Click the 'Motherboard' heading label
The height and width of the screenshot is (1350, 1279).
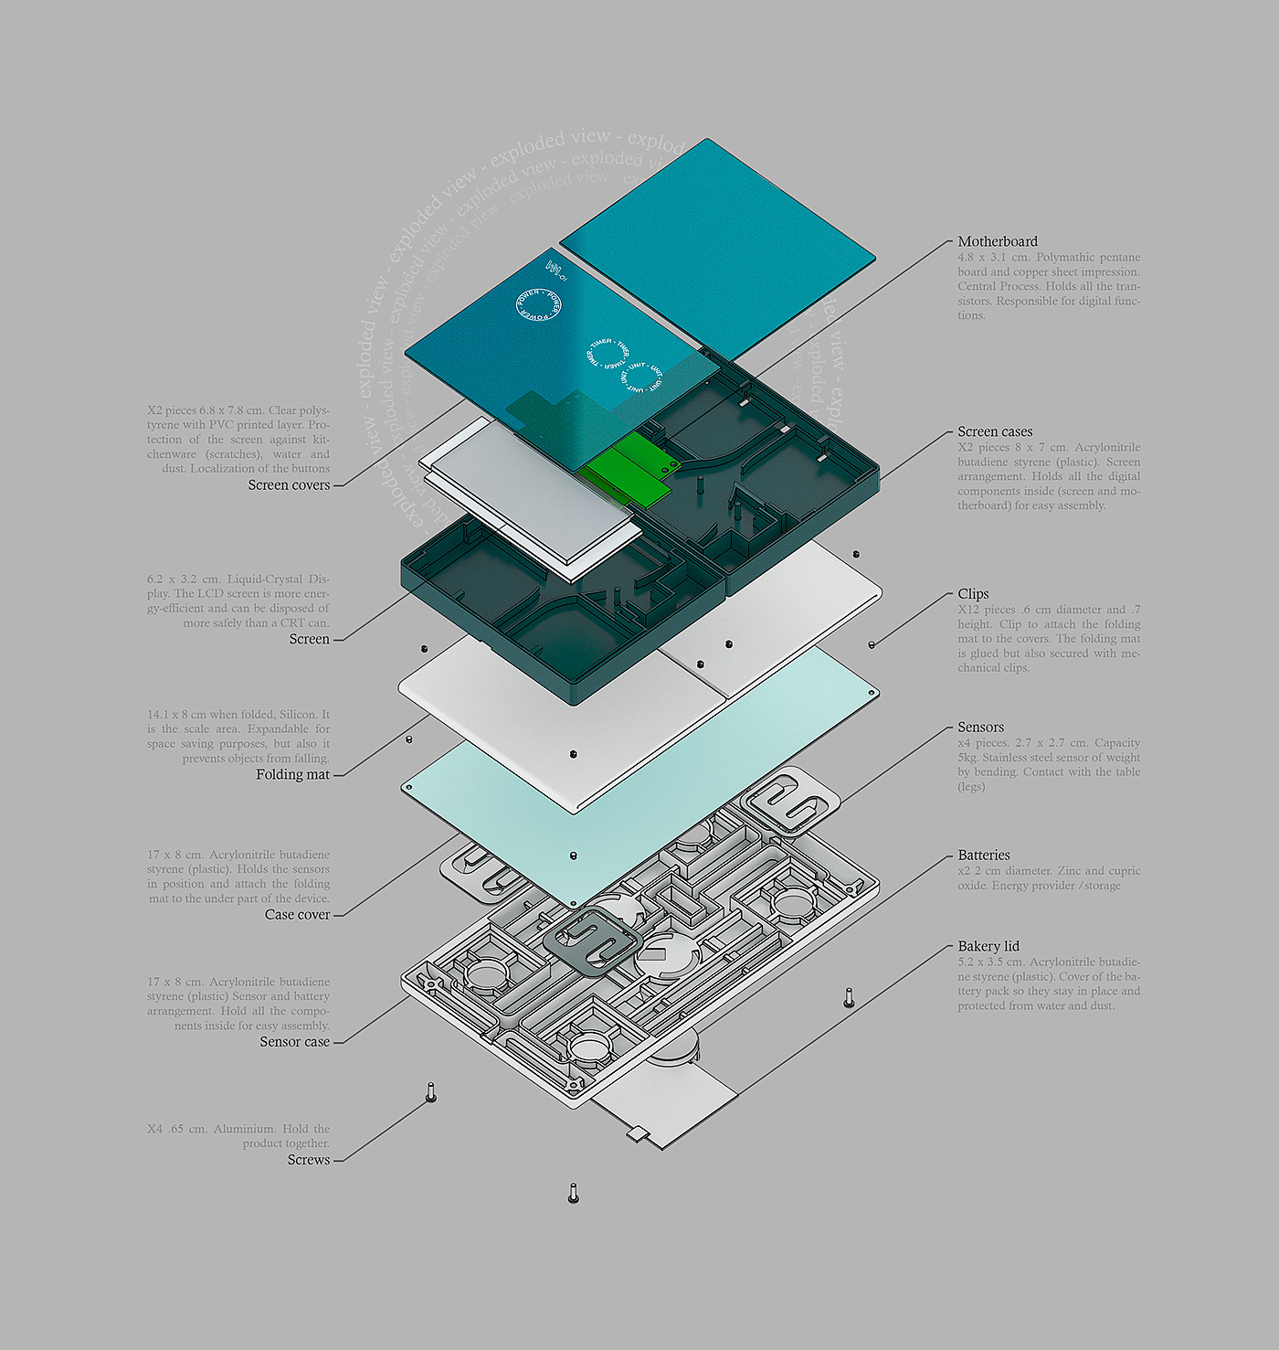click(997, 241)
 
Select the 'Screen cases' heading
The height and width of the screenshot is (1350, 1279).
click(994, 431)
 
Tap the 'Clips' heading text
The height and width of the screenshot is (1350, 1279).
click(973, 593)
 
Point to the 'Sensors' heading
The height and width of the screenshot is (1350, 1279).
click(980, 727)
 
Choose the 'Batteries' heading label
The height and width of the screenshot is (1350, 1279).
click(983, 855)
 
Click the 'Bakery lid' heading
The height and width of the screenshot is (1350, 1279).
click(988, 946)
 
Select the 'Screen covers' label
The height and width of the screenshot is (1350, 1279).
click(289, 484)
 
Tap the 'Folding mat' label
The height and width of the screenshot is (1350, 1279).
click(292, 774)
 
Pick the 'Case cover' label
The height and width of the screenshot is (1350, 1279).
click(297, 914)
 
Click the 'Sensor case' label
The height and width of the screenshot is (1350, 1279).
click(294, 1041)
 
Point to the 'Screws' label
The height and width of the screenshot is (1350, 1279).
click(309, 1159)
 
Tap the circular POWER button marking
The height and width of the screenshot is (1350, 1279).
click(539, 304)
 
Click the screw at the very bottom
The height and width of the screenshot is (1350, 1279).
click(573, 1192)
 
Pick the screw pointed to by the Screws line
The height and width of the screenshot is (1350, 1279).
click(431, 1091)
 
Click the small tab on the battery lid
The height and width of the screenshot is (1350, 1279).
click(637, 1133)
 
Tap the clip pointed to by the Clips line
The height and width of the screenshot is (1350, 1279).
click(872, 644)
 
